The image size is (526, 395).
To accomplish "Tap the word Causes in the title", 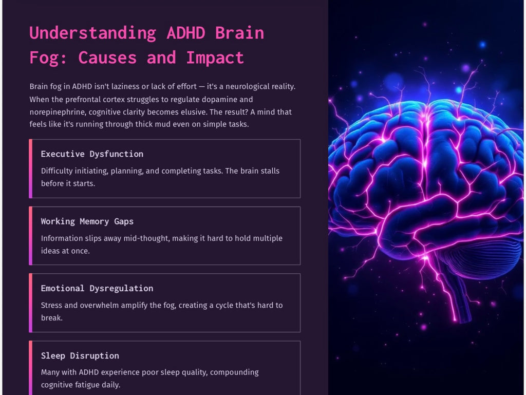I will point(107,58).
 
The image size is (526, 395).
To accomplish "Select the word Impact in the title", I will point(215,58).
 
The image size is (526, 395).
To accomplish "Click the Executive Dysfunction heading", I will point(92,154).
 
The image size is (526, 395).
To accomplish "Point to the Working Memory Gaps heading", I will point(87,221).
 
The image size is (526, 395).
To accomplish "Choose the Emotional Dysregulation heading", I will point(97,288).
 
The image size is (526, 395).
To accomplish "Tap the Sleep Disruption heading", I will point(80,355).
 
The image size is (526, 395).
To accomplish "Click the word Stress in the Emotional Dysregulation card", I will point(52,305).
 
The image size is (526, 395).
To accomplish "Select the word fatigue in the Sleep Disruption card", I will point(91,385).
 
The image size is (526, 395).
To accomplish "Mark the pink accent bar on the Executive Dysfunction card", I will point(31,168).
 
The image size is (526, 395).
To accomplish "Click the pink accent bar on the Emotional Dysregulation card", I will point(31,303).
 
